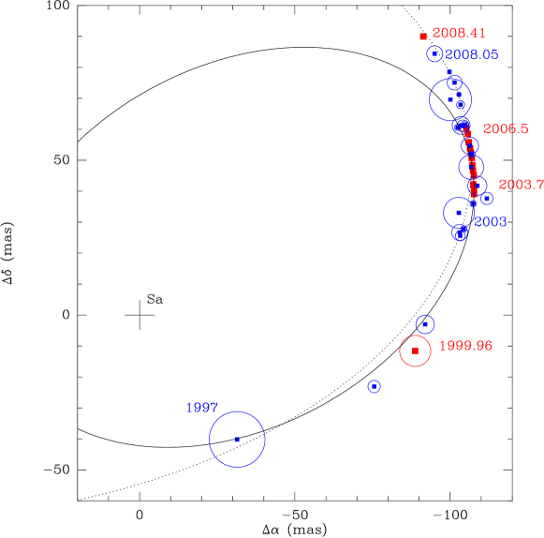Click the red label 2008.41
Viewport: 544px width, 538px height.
pyautogui.click(x=459, y=34)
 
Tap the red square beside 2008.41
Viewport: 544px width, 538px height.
pyautogui.click(x=423, y=37)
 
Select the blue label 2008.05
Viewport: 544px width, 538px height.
pyautogui.click(x=471, y=55)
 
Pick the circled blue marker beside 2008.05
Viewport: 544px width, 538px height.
pyautogui.click(x=434, y=54)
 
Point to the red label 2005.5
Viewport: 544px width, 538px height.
pyautogui.click(x=506, y=129)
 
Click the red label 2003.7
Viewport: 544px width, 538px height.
pyautogui.click(x=521, y=185)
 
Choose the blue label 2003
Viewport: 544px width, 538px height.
pyautogui.click(x=490, y=222)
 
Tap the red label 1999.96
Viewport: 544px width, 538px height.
pyautogui.click(x=465, y=346)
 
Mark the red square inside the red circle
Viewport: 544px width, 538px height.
pyautogui.click(x=415, y=351)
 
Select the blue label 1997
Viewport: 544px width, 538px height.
pyautogui.click(x=201, y=408)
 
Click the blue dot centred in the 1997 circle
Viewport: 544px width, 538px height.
pyautogui.click(x=237, y=440)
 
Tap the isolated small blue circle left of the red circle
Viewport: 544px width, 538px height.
pyautogui.click(x=374, y=386)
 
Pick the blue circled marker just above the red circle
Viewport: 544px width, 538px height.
pyautogui.click(x=425, y=324)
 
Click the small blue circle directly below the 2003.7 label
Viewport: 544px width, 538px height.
pyautogui.click(x=487, y=199)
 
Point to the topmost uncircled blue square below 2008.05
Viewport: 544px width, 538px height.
pyautogui.click(x=449, y=72)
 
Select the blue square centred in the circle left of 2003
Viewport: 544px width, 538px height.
pyautogui.click(x=459, y=213)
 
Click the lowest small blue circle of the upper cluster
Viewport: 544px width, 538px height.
pyautogui.click(x=459, y=234)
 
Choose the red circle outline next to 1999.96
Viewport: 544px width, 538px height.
pyautogui.click(x=400, y=351)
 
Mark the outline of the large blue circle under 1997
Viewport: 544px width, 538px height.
pyautogui.click(x=210, y=440)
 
